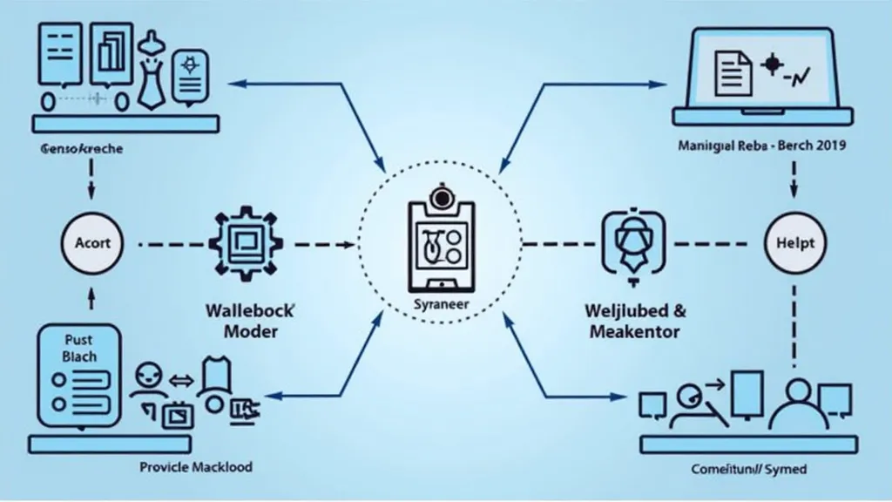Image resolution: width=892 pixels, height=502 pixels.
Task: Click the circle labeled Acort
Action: tap(91, 242)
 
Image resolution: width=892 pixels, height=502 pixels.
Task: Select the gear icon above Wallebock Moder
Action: tap(240, 242)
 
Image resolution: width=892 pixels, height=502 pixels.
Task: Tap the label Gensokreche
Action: tap(82, 149)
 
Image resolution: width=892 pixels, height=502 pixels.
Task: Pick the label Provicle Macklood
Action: tap(196, 467)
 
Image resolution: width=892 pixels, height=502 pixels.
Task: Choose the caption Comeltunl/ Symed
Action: tap(749, 470)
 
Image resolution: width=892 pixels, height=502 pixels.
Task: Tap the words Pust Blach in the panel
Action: tap(79, 348)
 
